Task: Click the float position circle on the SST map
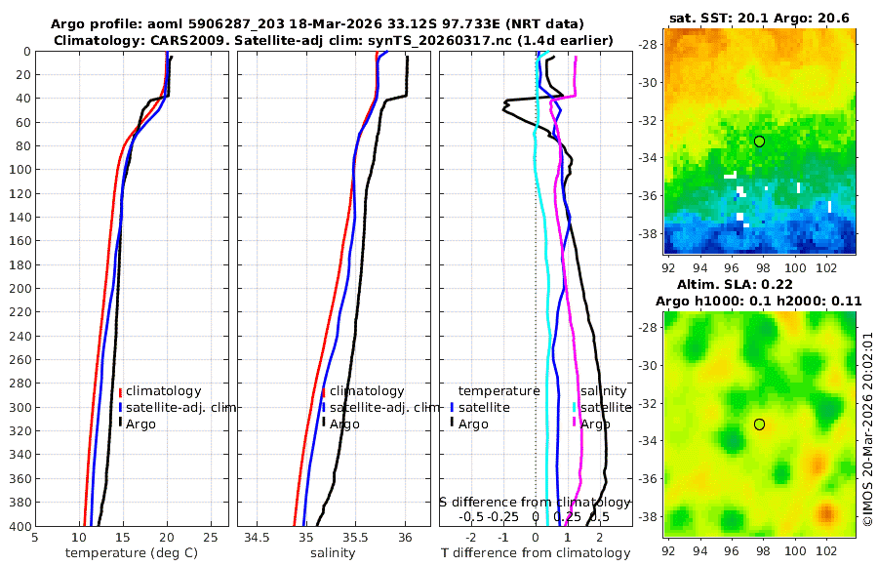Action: pos(759,141)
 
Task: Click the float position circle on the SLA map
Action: pos(759,424)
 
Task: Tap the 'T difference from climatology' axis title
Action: pos(536,553)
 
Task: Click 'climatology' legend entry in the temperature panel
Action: pos(163,390)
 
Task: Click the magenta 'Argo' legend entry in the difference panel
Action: pos(595,424)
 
